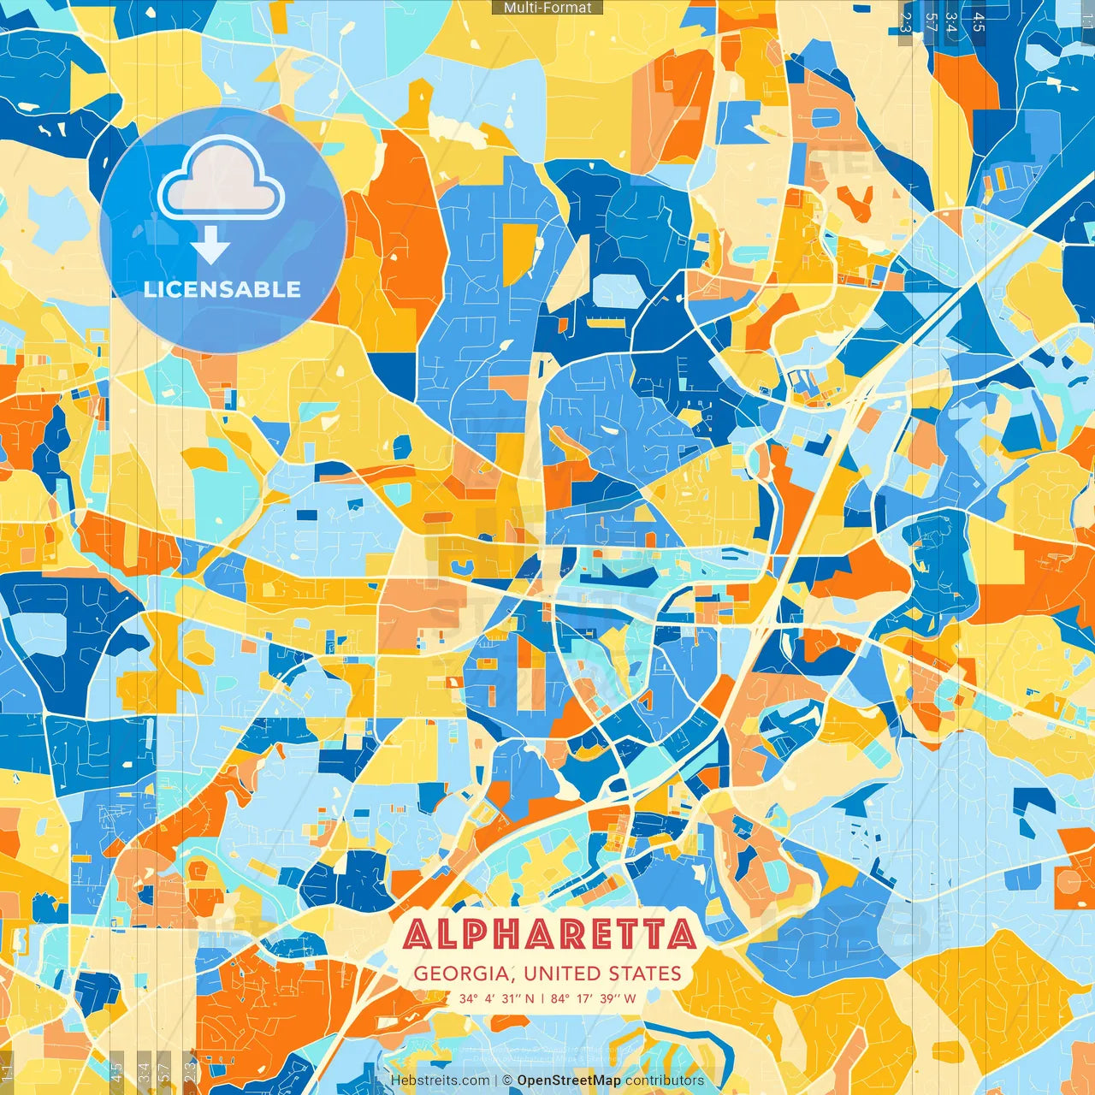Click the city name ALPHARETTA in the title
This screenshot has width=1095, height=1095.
(548, 934)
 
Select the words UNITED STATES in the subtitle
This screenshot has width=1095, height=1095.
(602, 974)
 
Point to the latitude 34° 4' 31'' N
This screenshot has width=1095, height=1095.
(496, 998)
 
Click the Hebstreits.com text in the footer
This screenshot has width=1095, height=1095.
(441, 1080)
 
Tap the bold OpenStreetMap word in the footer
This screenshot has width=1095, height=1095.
(568, 1080)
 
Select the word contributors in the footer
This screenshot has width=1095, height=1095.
(665, 1080)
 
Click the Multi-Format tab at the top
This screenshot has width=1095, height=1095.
(547, 8)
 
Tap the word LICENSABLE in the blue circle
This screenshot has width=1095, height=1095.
(222, 289)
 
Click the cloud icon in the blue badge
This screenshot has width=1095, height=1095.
(222, 179)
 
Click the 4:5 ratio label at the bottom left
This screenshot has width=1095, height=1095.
(116, 1072)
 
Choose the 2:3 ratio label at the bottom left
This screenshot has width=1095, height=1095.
(190, 1072)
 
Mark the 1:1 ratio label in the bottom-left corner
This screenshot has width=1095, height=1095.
(7, 1072)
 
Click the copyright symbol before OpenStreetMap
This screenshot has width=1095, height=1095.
(506, 1080)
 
